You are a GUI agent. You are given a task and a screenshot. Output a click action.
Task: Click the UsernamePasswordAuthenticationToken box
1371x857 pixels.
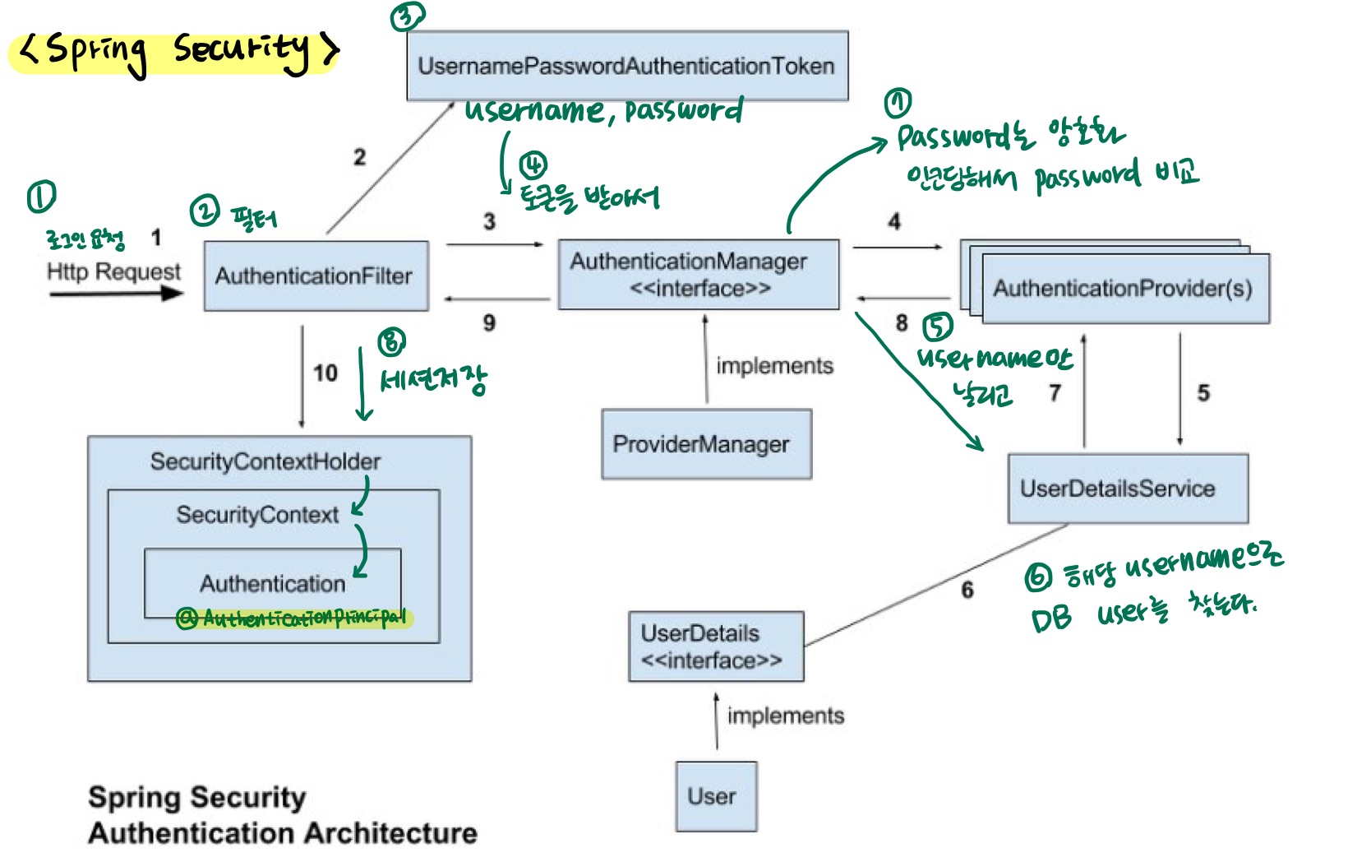click(627, 66)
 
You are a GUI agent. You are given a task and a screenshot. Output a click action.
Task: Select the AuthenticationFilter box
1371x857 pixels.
click(316, 276)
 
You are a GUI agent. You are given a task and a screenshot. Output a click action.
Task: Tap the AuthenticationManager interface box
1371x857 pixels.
click(698, 275)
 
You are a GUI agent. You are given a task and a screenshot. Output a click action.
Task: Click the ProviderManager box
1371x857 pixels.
click(706, 444)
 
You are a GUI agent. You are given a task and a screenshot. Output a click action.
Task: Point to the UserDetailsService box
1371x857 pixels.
click(1128, 489)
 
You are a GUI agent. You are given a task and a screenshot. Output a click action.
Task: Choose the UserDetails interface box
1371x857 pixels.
click(716, 646)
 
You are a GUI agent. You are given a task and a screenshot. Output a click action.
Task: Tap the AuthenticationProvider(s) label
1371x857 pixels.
click(1123, 289)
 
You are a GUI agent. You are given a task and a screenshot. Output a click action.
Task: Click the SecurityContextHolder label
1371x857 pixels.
click(265, 461)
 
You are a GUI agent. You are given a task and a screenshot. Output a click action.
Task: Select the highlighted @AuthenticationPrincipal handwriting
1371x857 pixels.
click(294, 618)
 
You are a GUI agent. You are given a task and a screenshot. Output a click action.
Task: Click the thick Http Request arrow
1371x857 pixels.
click(115, 294)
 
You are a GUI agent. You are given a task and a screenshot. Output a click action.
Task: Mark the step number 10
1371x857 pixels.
click(325, 373)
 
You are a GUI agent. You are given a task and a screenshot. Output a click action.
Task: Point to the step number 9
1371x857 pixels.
click(489, 323)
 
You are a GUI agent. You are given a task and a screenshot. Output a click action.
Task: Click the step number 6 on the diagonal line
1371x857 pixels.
click(967, 590)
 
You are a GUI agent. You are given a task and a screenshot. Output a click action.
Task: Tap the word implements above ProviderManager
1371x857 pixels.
click(774, 366)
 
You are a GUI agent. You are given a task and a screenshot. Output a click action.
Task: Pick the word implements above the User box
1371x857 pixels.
click(785, 716)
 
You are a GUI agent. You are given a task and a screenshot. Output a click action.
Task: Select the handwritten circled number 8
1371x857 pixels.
click(391, 341)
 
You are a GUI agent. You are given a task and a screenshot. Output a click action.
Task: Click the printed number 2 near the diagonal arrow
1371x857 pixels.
click(359, 157)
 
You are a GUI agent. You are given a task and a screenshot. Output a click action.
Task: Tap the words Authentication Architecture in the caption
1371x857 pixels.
click(283, 833)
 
